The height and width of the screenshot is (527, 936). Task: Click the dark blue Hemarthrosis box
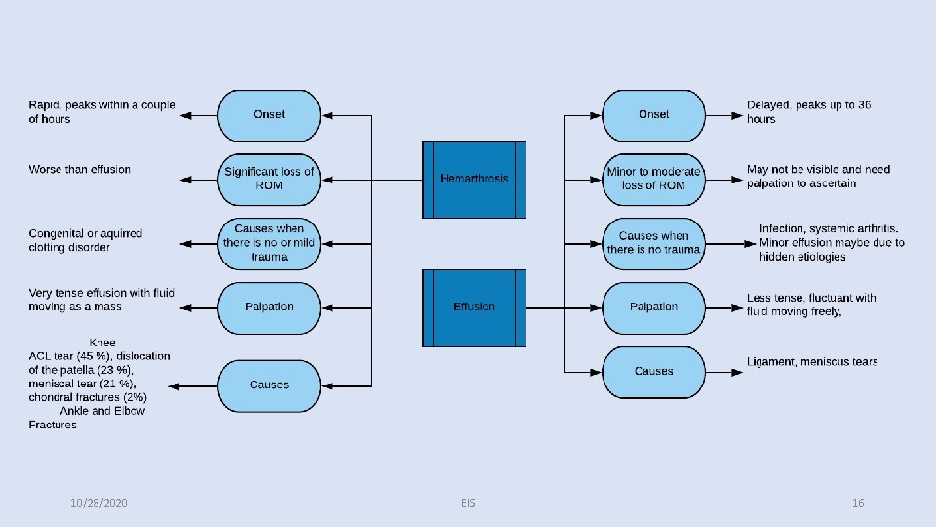474,180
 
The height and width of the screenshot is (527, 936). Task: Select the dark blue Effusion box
474,307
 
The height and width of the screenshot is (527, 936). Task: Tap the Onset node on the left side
269,115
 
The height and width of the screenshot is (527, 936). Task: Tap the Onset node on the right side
653,115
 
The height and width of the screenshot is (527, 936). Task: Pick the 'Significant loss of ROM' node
269,179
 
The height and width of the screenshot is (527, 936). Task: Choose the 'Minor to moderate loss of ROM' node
653,179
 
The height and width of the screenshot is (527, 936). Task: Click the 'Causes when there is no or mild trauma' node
269,243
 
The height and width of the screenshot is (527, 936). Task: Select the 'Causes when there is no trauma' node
653,243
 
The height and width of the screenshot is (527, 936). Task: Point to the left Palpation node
269,307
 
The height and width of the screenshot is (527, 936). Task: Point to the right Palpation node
653,307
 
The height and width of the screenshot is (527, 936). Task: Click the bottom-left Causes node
269,385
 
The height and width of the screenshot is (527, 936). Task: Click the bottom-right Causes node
653,372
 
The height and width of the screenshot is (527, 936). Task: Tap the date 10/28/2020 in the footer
99,503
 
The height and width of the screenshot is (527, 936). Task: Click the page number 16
858,503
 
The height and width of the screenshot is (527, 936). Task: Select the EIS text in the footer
468,503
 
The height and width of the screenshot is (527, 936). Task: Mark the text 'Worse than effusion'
79,170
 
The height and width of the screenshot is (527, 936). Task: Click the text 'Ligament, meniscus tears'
812,362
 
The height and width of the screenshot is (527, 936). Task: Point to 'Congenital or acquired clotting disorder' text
86,240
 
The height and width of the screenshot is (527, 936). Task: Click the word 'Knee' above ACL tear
101,344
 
